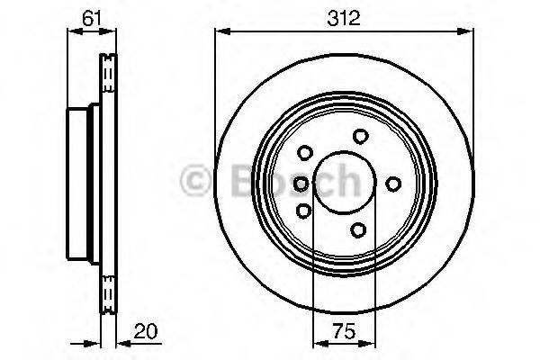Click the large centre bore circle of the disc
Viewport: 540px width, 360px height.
click(336, 184)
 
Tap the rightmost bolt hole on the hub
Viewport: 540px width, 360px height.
click(393, 184)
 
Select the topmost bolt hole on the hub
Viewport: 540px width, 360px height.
click(361, 136)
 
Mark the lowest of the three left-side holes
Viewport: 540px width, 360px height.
click(303, 211)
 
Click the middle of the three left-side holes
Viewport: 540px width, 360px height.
click(301, 184)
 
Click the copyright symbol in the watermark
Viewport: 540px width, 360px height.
click(195, 182)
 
